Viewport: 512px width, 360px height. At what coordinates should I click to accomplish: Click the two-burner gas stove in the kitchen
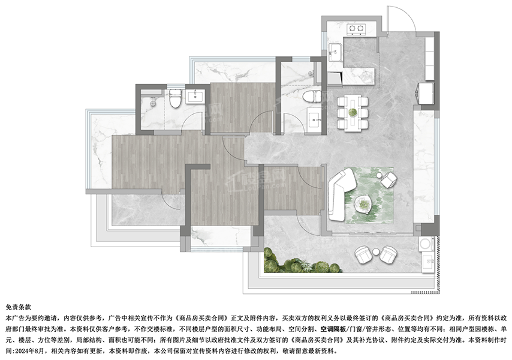point(356,29)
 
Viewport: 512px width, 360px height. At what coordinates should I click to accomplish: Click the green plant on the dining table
point(353,112)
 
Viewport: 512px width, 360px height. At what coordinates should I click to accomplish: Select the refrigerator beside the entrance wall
point(425,94)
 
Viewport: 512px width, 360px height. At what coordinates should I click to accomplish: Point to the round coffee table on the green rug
point(363,204)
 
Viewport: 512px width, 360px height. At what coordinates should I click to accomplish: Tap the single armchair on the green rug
point(389,180)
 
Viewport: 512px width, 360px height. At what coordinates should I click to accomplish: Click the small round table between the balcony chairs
point(376,252)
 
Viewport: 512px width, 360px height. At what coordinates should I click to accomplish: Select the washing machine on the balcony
point(426,245)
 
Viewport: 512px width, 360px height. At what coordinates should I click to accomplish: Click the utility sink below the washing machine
point(427,262)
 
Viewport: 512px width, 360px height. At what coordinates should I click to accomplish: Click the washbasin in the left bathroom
point(195,97)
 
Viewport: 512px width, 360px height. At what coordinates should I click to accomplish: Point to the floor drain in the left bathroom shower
point(152,103)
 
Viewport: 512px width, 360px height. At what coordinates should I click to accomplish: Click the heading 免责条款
point(18,307)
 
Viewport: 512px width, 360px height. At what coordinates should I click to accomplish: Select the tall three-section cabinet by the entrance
point(430,58)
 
